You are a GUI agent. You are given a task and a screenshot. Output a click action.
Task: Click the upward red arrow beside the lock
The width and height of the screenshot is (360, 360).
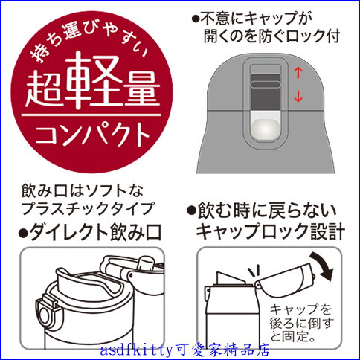(298, 73)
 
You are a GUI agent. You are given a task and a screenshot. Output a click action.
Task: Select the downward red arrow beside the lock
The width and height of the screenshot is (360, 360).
(298, 97)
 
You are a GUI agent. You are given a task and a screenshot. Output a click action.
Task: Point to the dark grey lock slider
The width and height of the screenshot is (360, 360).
(266, 91)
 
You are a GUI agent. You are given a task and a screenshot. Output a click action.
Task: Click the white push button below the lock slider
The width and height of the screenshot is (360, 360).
(266, 129)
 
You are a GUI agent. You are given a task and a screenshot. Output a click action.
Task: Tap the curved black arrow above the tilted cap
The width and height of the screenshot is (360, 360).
(324, 266)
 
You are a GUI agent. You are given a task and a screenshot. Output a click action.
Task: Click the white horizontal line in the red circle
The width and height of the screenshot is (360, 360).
(91, 115)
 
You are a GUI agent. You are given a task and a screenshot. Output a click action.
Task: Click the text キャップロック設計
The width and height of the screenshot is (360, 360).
(270, 231)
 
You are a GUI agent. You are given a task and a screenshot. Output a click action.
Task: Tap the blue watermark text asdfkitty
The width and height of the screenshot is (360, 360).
(136, 350)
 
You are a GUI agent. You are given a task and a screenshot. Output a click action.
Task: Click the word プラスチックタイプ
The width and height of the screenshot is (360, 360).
(87, 209)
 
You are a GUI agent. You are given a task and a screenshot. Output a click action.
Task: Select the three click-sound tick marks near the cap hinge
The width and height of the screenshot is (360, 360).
(255, 271)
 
